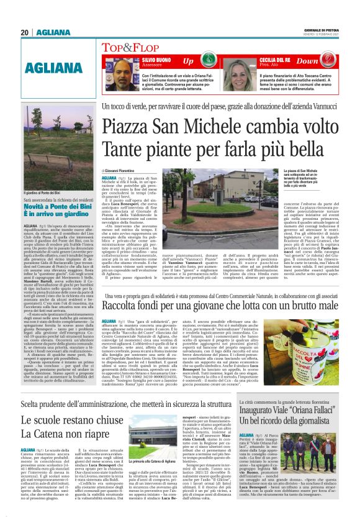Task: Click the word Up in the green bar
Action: click(x=188, y=61)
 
